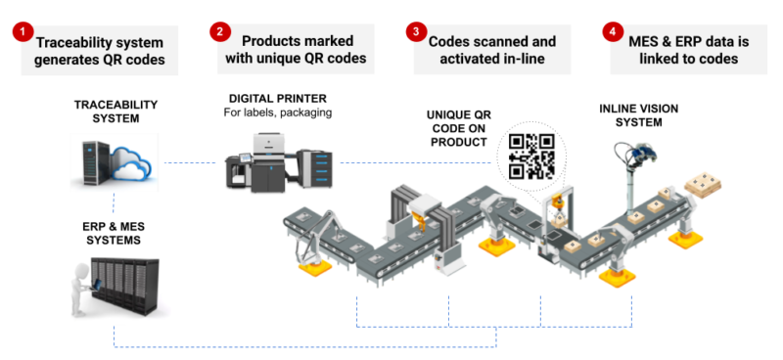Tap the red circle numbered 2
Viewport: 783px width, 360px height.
[x=219, y=31]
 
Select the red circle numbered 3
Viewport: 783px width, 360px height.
[x=416, y=31]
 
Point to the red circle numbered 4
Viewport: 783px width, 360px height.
[x=613, y=31]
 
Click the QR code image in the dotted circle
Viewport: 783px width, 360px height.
[x=531, y=155]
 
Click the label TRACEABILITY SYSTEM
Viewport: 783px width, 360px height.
[x=115, y=111]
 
